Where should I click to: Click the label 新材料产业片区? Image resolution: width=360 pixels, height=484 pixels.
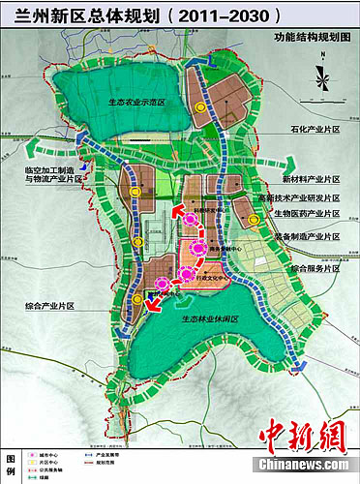pyautogui.click(x=311, y=179)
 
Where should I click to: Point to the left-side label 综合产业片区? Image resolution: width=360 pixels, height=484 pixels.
pyautogui.click(x=49, y=306)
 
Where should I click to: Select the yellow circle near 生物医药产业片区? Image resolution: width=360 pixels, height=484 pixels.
pyautogui.click(x=254, y=222)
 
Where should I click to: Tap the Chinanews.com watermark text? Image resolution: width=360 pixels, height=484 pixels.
pyautogui.click(x=302, y=465)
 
